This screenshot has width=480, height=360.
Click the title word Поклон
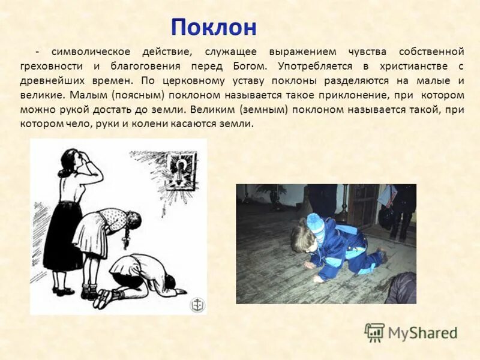coord(214,27)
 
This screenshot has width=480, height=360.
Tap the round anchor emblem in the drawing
coord(197,304)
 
